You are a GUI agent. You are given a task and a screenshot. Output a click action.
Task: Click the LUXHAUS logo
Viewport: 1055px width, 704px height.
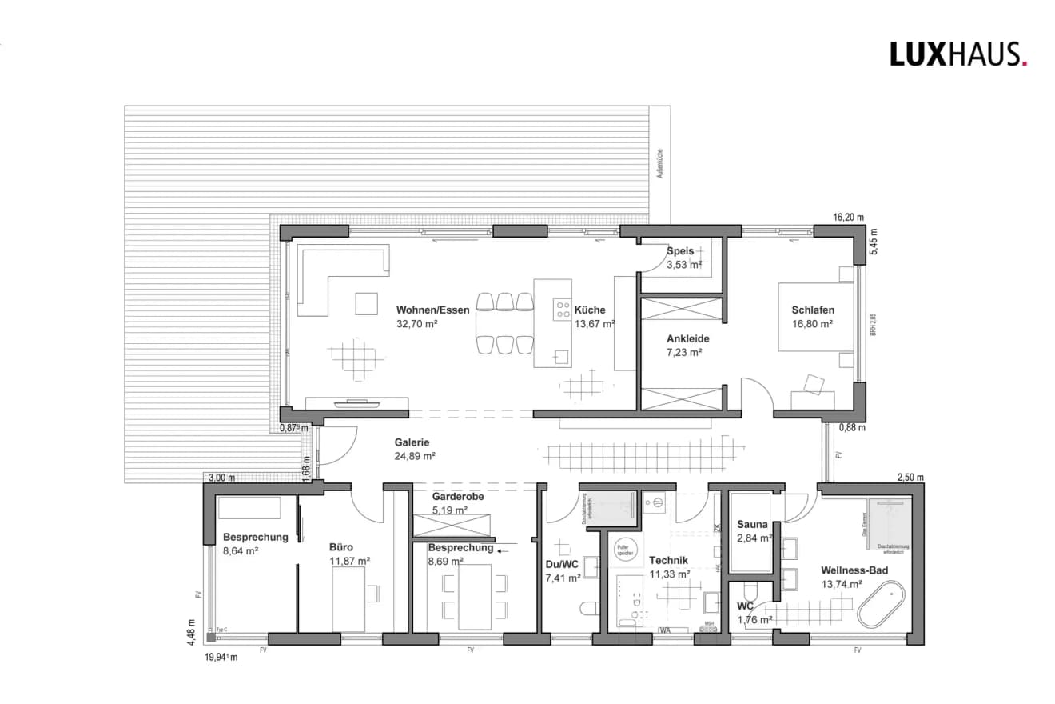tap(958, 54)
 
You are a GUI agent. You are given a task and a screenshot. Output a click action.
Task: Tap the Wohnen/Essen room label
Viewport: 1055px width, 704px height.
tap(432, 310)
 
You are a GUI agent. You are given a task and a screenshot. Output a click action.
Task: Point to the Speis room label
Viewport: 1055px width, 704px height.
tap(681, 250)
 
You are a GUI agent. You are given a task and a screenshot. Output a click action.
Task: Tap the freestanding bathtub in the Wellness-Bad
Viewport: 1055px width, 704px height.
tap(881, 605)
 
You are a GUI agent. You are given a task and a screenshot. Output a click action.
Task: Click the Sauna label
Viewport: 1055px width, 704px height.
tap(752, 525)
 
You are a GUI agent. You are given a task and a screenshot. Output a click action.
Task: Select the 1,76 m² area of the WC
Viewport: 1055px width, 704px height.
tap(754, 619)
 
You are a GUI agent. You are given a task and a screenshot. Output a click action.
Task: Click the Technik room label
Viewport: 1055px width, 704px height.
tap(668, 560)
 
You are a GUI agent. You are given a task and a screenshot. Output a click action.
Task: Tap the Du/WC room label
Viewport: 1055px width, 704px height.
tap(562, 563)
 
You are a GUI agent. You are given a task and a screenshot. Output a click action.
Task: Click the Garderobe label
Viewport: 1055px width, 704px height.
tap(457, 496)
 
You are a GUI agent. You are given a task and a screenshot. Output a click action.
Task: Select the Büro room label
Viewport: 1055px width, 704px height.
tap(340, 547)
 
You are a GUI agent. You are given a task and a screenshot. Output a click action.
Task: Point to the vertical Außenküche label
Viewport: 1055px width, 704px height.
tap(659, 161)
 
